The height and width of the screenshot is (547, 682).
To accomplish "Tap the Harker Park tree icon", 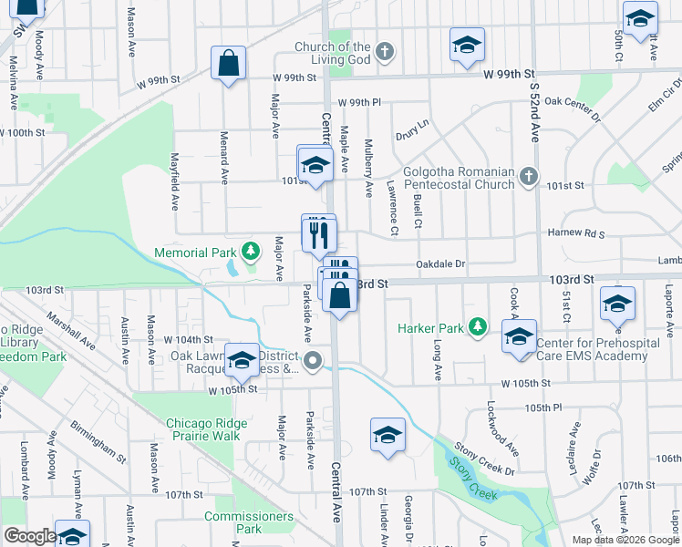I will (476, 327).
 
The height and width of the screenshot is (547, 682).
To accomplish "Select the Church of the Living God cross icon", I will (385, 51).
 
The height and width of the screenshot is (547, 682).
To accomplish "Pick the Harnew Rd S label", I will (576, 233).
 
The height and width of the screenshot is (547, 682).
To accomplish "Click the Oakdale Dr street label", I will (440, 264).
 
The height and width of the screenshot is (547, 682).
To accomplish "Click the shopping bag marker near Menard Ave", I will (228, 65).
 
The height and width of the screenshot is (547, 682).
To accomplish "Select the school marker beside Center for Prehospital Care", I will (519, 338).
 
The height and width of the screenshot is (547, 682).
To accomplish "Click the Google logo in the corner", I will (29, 535).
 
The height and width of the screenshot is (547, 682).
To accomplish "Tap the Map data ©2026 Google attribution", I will (625, 540).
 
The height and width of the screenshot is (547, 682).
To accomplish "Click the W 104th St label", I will (189, 339).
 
